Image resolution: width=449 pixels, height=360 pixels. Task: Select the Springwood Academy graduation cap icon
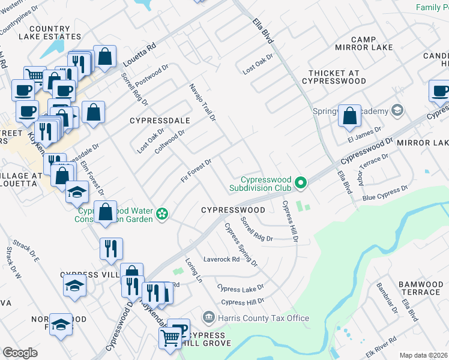click(396, 110)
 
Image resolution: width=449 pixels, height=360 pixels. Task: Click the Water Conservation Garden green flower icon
click(162, 214)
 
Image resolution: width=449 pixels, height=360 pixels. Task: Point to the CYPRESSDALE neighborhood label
click(160, 121)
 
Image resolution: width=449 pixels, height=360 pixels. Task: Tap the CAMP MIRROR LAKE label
click(372, 43)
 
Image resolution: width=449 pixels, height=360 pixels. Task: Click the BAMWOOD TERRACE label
click(420, 287)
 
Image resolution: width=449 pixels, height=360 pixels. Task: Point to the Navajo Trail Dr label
click(203, 101)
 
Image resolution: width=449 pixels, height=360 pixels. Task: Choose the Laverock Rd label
click(221, 259)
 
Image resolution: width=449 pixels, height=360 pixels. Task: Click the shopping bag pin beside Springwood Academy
click(349, 116)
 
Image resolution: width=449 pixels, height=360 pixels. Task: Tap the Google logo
click(20, 353)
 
